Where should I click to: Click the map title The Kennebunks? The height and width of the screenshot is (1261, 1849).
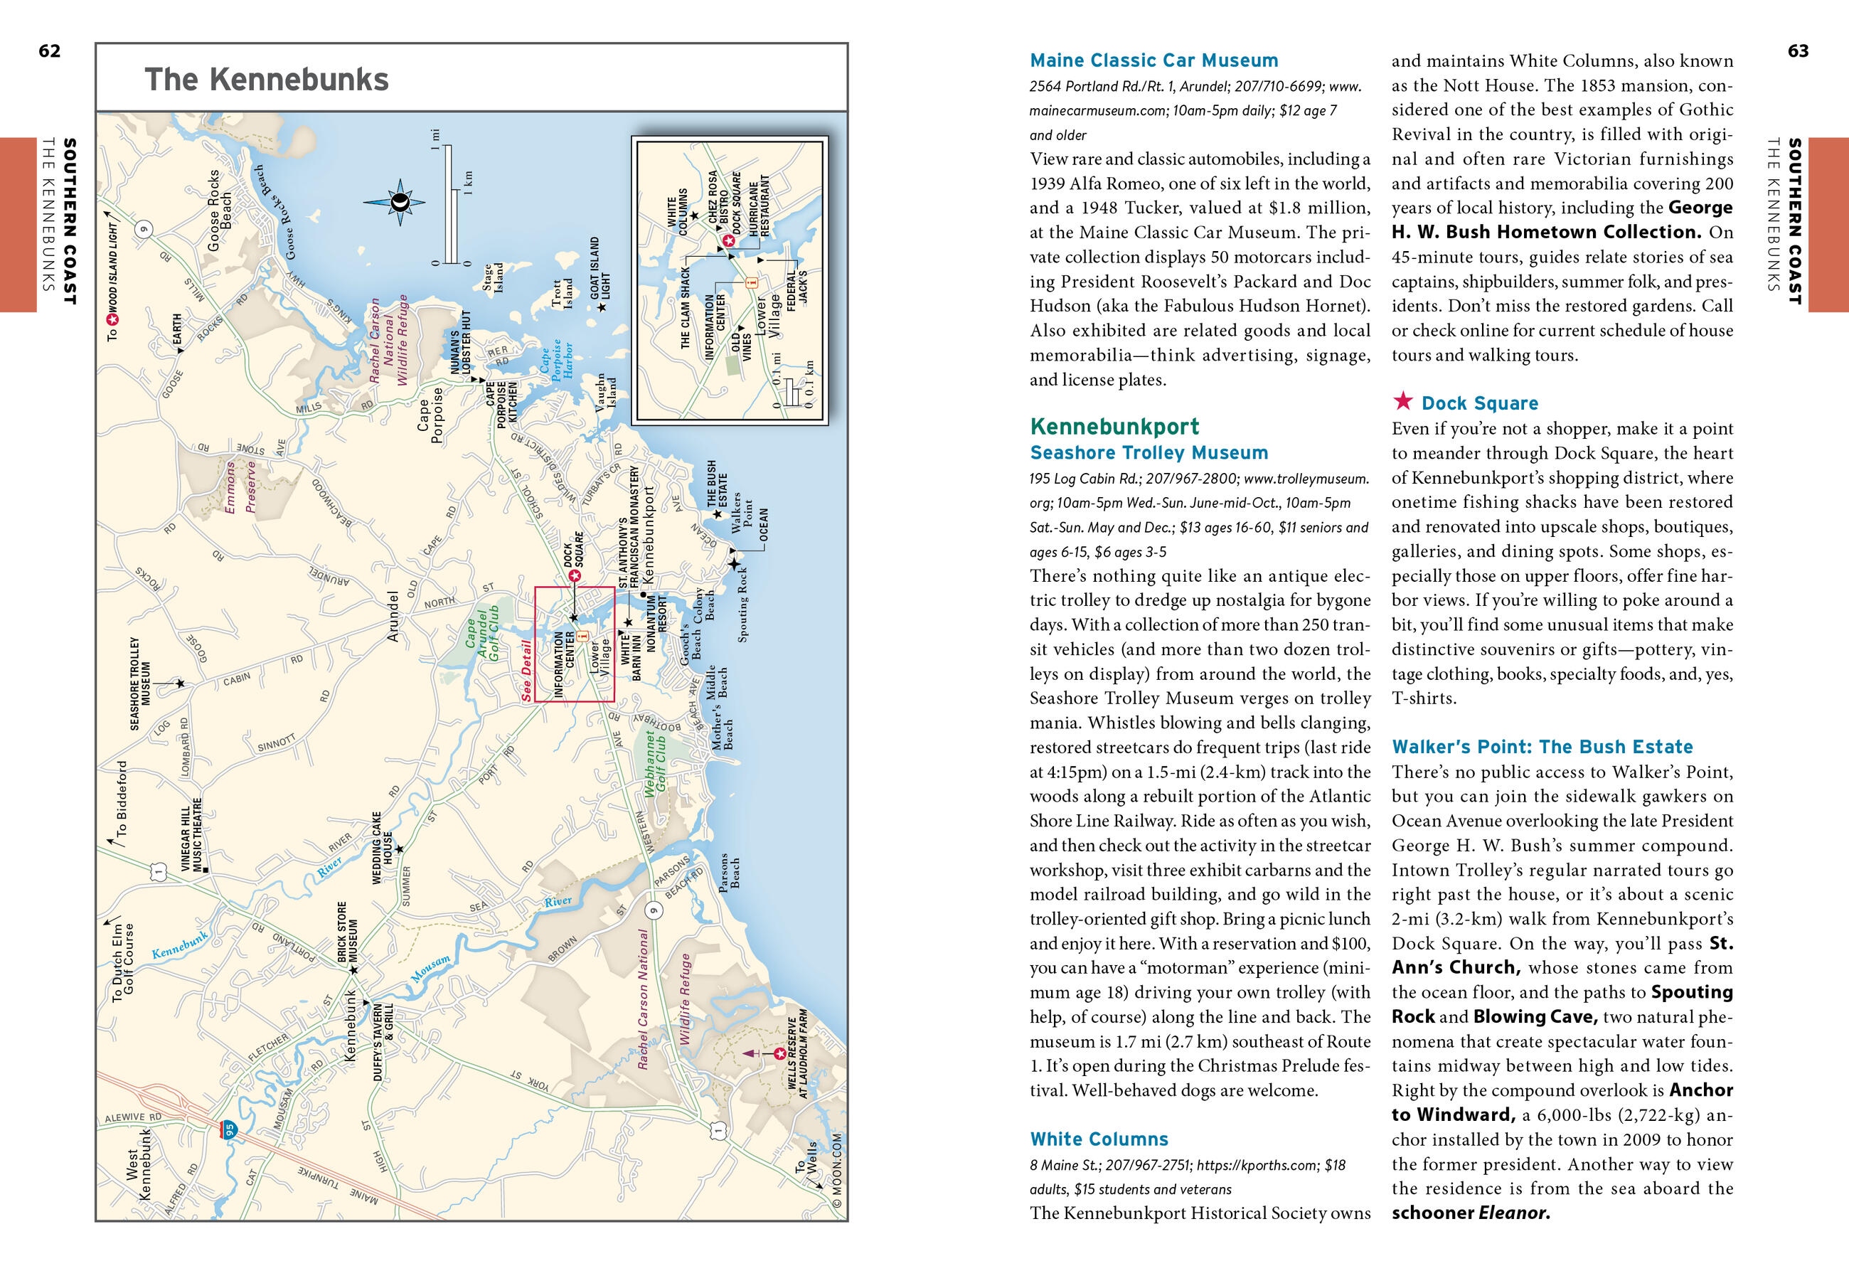[267, 80]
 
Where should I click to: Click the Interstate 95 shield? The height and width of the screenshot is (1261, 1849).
[228, 1129]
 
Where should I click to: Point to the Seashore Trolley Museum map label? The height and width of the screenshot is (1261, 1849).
[140, 683]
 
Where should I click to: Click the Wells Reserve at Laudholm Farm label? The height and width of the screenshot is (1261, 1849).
[797, 1053]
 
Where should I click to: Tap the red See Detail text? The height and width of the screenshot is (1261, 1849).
[526, 670]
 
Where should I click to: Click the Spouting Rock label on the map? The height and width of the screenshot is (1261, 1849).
[742, 604]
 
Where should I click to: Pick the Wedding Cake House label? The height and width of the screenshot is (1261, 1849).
[382, 848]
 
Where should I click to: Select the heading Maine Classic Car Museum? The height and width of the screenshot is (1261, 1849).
[1153, 60]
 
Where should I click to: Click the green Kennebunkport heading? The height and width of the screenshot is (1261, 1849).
[1114, 427]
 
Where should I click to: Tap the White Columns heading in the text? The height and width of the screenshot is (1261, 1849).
[1099, 1139]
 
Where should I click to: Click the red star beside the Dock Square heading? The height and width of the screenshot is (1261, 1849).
[1403, 401]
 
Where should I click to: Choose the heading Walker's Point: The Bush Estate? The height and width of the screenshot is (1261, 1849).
[1542, 746]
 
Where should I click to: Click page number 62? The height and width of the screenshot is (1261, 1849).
[49, 51]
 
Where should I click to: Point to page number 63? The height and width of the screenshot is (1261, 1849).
[1798, 51]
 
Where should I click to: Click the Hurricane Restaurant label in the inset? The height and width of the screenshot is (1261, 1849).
[759, 206]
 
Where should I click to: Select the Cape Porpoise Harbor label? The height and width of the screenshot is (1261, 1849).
[556, 360]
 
